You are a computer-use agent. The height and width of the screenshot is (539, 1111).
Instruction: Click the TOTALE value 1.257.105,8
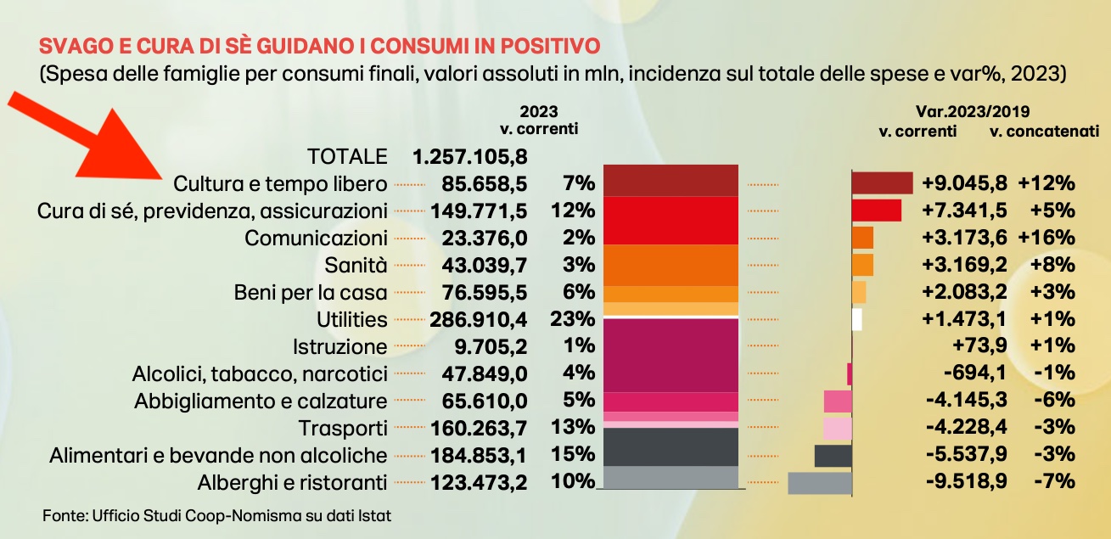470,156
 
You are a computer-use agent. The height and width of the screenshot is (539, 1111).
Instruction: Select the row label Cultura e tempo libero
280,183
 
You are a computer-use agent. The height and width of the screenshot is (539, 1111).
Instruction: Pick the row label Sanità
356,265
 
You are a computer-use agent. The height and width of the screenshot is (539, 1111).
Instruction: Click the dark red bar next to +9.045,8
882,183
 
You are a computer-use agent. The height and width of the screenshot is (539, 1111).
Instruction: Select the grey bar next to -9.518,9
819,482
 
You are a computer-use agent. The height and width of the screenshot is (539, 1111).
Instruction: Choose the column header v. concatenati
1044,132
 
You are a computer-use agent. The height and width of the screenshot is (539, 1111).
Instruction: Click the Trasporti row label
343,428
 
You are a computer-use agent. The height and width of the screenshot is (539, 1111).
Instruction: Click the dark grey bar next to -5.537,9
833,455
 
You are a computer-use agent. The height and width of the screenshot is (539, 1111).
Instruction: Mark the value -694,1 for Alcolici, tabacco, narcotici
976,373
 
